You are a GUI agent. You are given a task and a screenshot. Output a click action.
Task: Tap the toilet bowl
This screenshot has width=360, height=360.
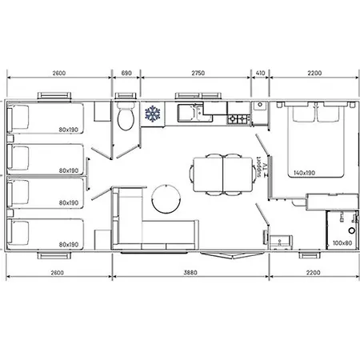(x=124, y=120)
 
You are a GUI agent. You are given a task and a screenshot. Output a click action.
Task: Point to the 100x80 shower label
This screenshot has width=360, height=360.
(x=341, y=242)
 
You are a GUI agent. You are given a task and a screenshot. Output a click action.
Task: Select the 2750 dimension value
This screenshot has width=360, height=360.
(x=198, y=73)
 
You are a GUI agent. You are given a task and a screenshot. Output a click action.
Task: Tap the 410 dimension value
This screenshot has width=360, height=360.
(x=259, y=73)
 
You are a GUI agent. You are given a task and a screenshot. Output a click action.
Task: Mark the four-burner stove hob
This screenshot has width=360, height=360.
(x=238, y=119)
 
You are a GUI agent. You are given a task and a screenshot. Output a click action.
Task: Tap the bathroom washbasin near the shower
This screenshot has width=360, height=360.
(x=279, y=239)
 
